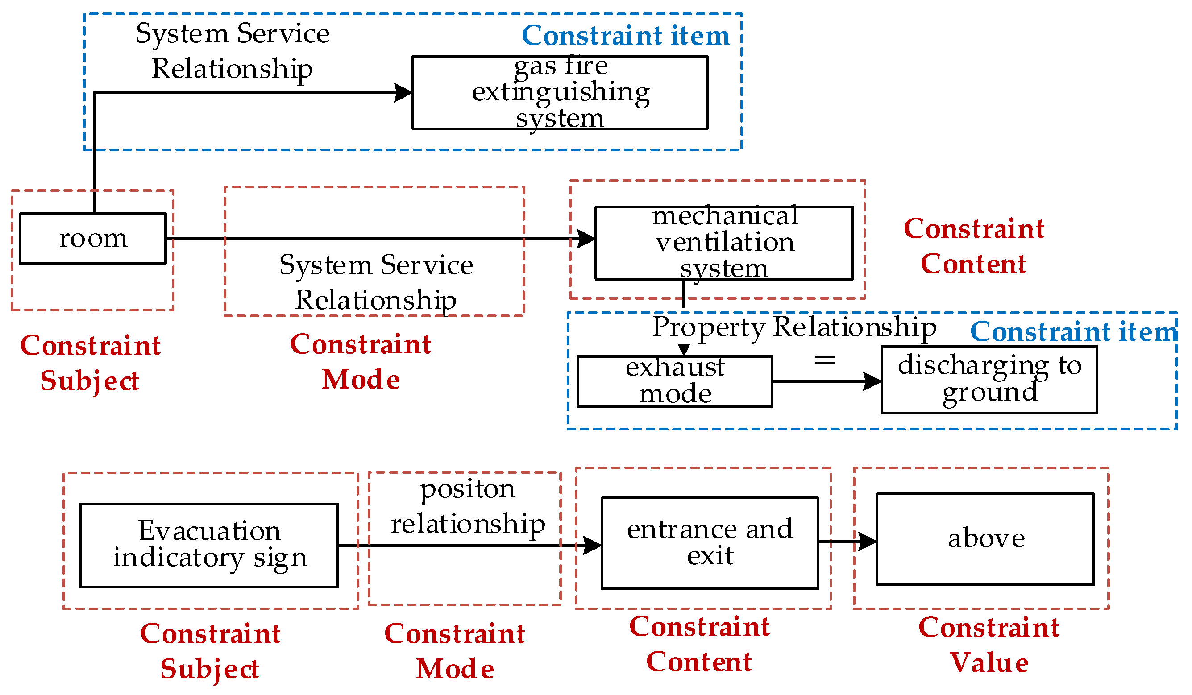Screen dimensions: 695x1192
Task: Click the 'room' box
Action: coord(93,239)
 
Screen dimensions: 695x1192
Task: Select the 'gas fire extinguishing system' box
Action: coord(560,93)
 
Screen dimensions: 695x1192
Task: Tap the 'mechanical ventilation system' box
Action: coord(724,243)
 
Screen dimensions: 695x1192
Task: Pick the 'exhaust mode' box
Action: coord(674,381)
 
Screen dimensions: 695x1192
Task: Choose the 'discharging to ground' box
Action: coord(989,380)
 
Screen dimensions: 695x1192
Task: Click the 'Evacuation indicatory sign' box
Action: coord(208,546)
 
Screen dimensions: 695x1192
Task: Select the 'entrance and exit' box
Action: coord(710,543)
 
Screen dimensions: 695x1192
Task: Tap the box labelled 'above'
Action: coord(985,539)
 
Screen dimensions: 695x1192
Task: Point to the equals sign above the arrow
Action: coord(825,361)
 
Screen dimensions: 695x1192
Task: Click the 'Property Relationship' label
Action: coord(794,327)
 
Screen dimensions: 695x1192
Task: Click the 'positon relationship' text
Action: coord(467,506)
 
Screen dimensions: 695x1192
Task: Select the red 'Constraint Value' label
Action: coord(988,645)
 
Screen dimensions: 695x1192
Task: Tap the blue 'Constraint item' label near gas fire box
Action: coord(625,36)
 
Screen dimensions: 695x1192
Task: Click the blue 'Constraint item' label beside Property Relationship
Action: coord(1073,332)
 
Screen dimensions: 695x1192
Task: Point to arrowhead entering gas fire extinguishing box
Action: coord(403,93)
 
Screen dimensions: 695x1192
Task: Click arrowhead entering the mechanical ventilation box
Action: coord(586,239)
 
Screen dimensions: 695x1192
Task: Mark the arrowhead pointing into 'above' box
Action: coord(868,542)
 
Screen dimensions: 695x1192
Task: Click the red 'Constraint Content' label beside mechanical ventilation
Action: coord(973,246)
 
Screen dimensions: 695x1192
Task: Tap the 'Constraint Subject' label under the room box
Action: coord(90,363)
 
